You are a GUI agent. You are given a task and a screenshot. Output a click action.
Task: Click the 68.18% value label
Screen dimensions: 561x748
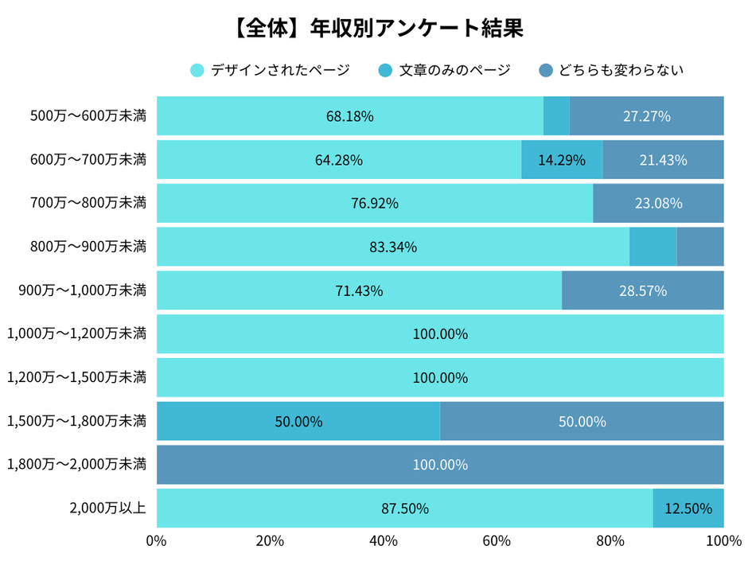coord(349,116)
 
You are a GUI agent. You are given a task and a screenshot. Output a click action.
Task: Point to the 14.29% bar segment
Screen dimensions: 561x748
coord(562,160)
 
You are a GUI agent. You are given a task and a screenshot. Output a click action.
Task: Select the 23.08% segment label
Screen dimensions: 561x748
coord(658,203)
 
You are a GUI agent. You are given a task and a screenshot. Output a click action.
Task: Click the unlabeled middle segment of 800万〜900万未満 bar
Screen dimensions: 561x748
coord(653,247)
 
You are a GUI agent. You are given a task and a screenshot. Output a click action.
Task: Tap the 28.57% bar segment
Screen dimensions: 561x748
coord(643,290)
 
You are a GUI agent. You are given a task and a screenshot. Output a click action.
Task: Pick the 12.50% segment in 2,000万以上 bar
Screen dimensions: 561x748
coord(688,508)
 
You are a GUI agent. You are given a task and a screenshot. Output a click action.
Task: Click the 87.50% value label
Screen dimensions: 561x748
coord(405,508)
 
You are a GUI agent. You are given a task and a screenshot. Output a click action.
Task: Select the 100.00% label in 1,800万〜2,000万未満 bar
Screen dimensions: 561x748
coord(440,465)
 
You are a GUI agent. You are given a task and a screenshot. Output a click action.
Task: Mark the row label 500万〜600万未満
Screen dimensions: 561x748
coord(88,116)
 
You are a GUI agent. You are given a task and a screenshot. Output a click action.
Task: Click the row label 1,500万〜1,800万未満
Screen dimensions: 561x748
coord(76,421)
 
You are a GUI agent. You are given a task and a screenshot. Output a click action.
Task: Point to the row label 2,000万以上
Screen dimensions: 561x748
coord(108,508)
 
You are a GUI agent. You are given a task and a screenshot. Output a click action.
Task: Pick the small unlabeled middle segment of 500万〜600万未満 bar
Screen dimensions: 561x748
coord(556,116)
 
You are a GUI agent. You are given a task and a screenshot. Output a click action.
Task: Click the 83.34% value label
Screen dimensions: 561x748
coord(393,247)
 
